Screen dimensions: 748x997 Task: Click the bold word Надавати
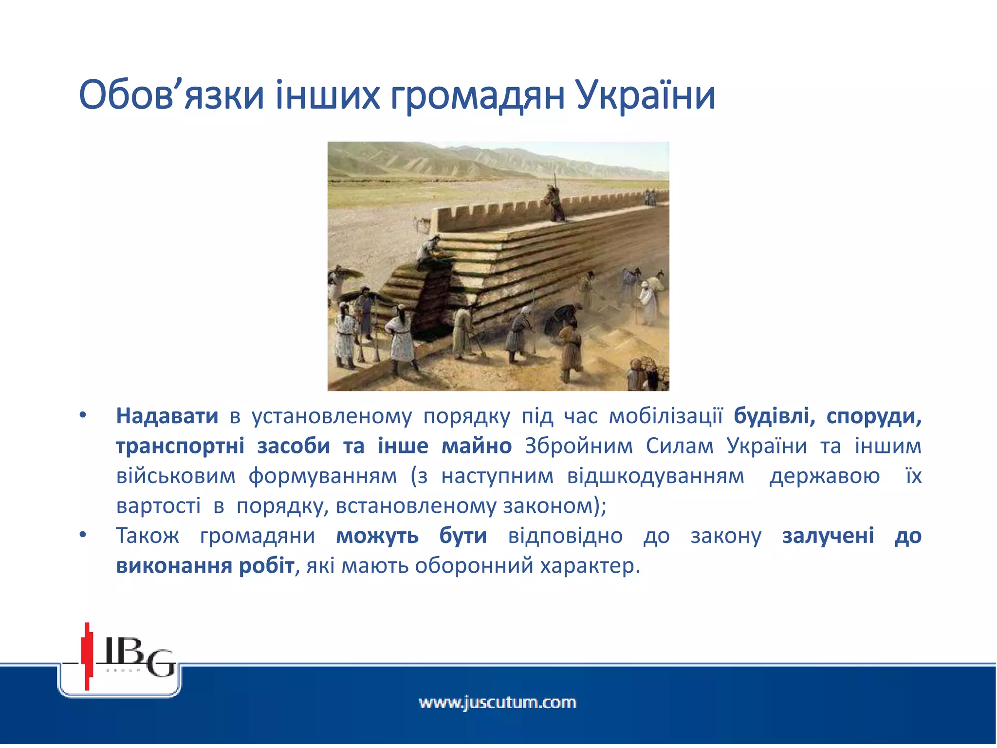click(x=167, y=416)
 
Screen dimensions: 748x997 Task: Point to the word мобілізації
click(x=665, y=416)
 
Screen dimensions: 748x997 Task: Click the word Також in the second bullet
click(x=148, y=536)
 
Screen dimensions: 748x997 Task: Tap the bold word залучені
click(x=828, y=536)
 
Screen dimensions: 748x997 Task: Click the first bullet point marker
click(x=83, y=415)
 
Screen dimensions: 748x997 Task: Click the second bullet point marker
click(x=83, y=535)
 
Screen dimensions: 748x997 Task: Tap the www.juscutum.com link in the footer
click(x=498, y=702)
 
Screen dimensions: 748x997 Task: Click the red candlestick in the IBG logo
click(x=88, y=656)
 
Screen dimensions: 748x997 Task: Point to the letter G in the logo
click(x=161, y=663)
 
